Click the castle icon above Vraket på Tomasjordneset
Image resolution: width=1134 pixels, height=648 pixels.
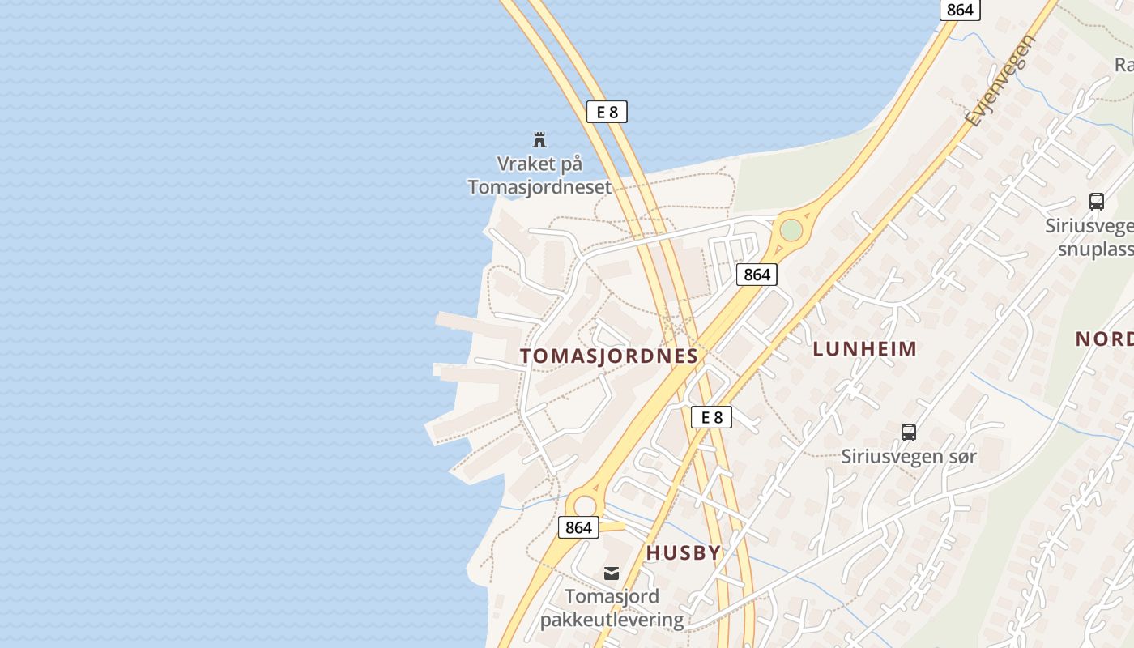539,140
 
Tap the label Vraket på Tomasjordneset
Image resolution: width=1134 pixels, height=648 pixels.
539,176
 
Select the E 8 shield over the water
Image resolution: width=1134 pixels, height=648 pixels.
607,112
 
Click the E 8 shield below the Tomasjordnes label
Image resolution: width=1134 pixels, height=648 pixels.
711,417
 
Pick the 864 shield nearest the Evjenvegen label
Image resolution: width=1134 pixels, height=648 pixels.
960,10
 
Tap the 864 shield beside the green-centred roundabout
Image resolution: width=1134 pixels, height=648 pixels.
757,275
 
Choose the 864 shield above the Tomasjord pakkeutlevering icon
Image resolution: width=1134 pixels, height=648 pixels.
578,527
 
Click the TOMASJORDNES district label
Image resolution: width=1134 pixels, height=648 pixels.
609,356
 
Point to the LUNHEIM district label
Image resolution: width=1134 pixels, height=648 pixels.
865,349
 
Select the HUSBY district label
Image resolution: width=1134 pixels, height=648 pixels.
683,552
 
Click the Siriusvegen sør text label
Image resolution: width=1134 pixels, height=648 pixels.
909,456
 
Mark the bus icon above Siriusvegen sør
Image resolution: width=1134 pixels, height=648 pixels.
909,433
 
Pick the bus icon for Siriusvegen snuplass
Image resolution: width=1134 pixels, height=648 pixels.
1097,202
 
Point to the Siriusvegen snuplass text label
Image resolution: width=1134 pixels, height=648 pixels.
1090,237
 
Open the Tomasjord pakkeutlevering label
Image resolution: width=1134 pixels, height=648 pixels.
612,608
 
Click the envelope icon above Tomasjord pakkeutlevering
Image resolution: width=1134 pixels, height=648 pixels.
612,573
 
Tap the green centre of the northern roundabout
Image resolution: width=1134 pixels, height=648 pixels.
791,230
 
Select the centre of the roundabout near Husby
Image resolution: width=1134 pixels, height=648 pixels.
585,506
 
